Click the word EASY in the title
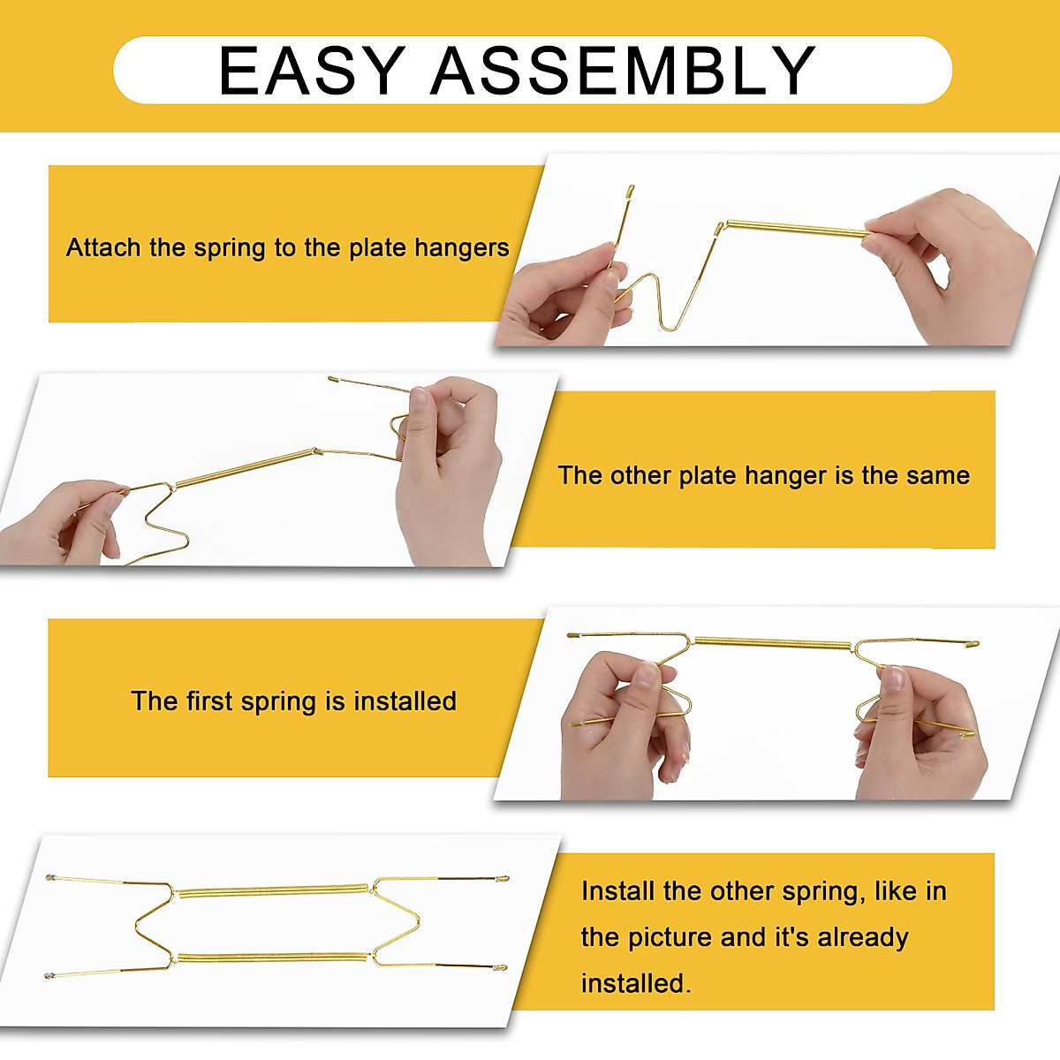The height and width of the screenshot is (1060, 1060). click(x=311, y=71)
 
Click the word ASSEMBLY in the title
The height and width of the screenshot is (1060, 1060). click(x=623, y=71)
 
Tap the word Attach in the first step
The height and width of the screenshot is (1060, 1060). click(x=103, y=247)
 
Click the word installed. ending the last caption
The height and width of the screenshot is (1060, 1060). click(x=636, y=983)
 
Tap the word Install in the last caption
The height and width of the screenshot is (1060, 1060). click(x=618, y=891)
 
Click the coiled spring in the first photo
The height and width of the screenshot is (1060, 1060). click(x=795, y=229)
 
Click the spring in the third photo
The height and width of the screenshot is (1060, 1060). click(x=773, y=642)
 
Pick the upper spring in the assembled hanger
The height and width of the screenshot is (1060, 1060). click(x=273, y=890)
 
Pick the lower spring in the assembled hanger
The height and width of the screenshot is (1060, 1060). click(x=273, y=958)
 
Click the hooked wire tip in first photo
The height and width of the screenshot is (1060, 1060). click(x=630, y=190)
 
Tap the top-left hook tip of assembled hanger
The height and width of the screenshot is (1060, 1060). click(x=51, y=878)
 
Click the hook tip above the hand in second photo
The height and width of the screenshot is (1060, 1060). click(x=335, y=380)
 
